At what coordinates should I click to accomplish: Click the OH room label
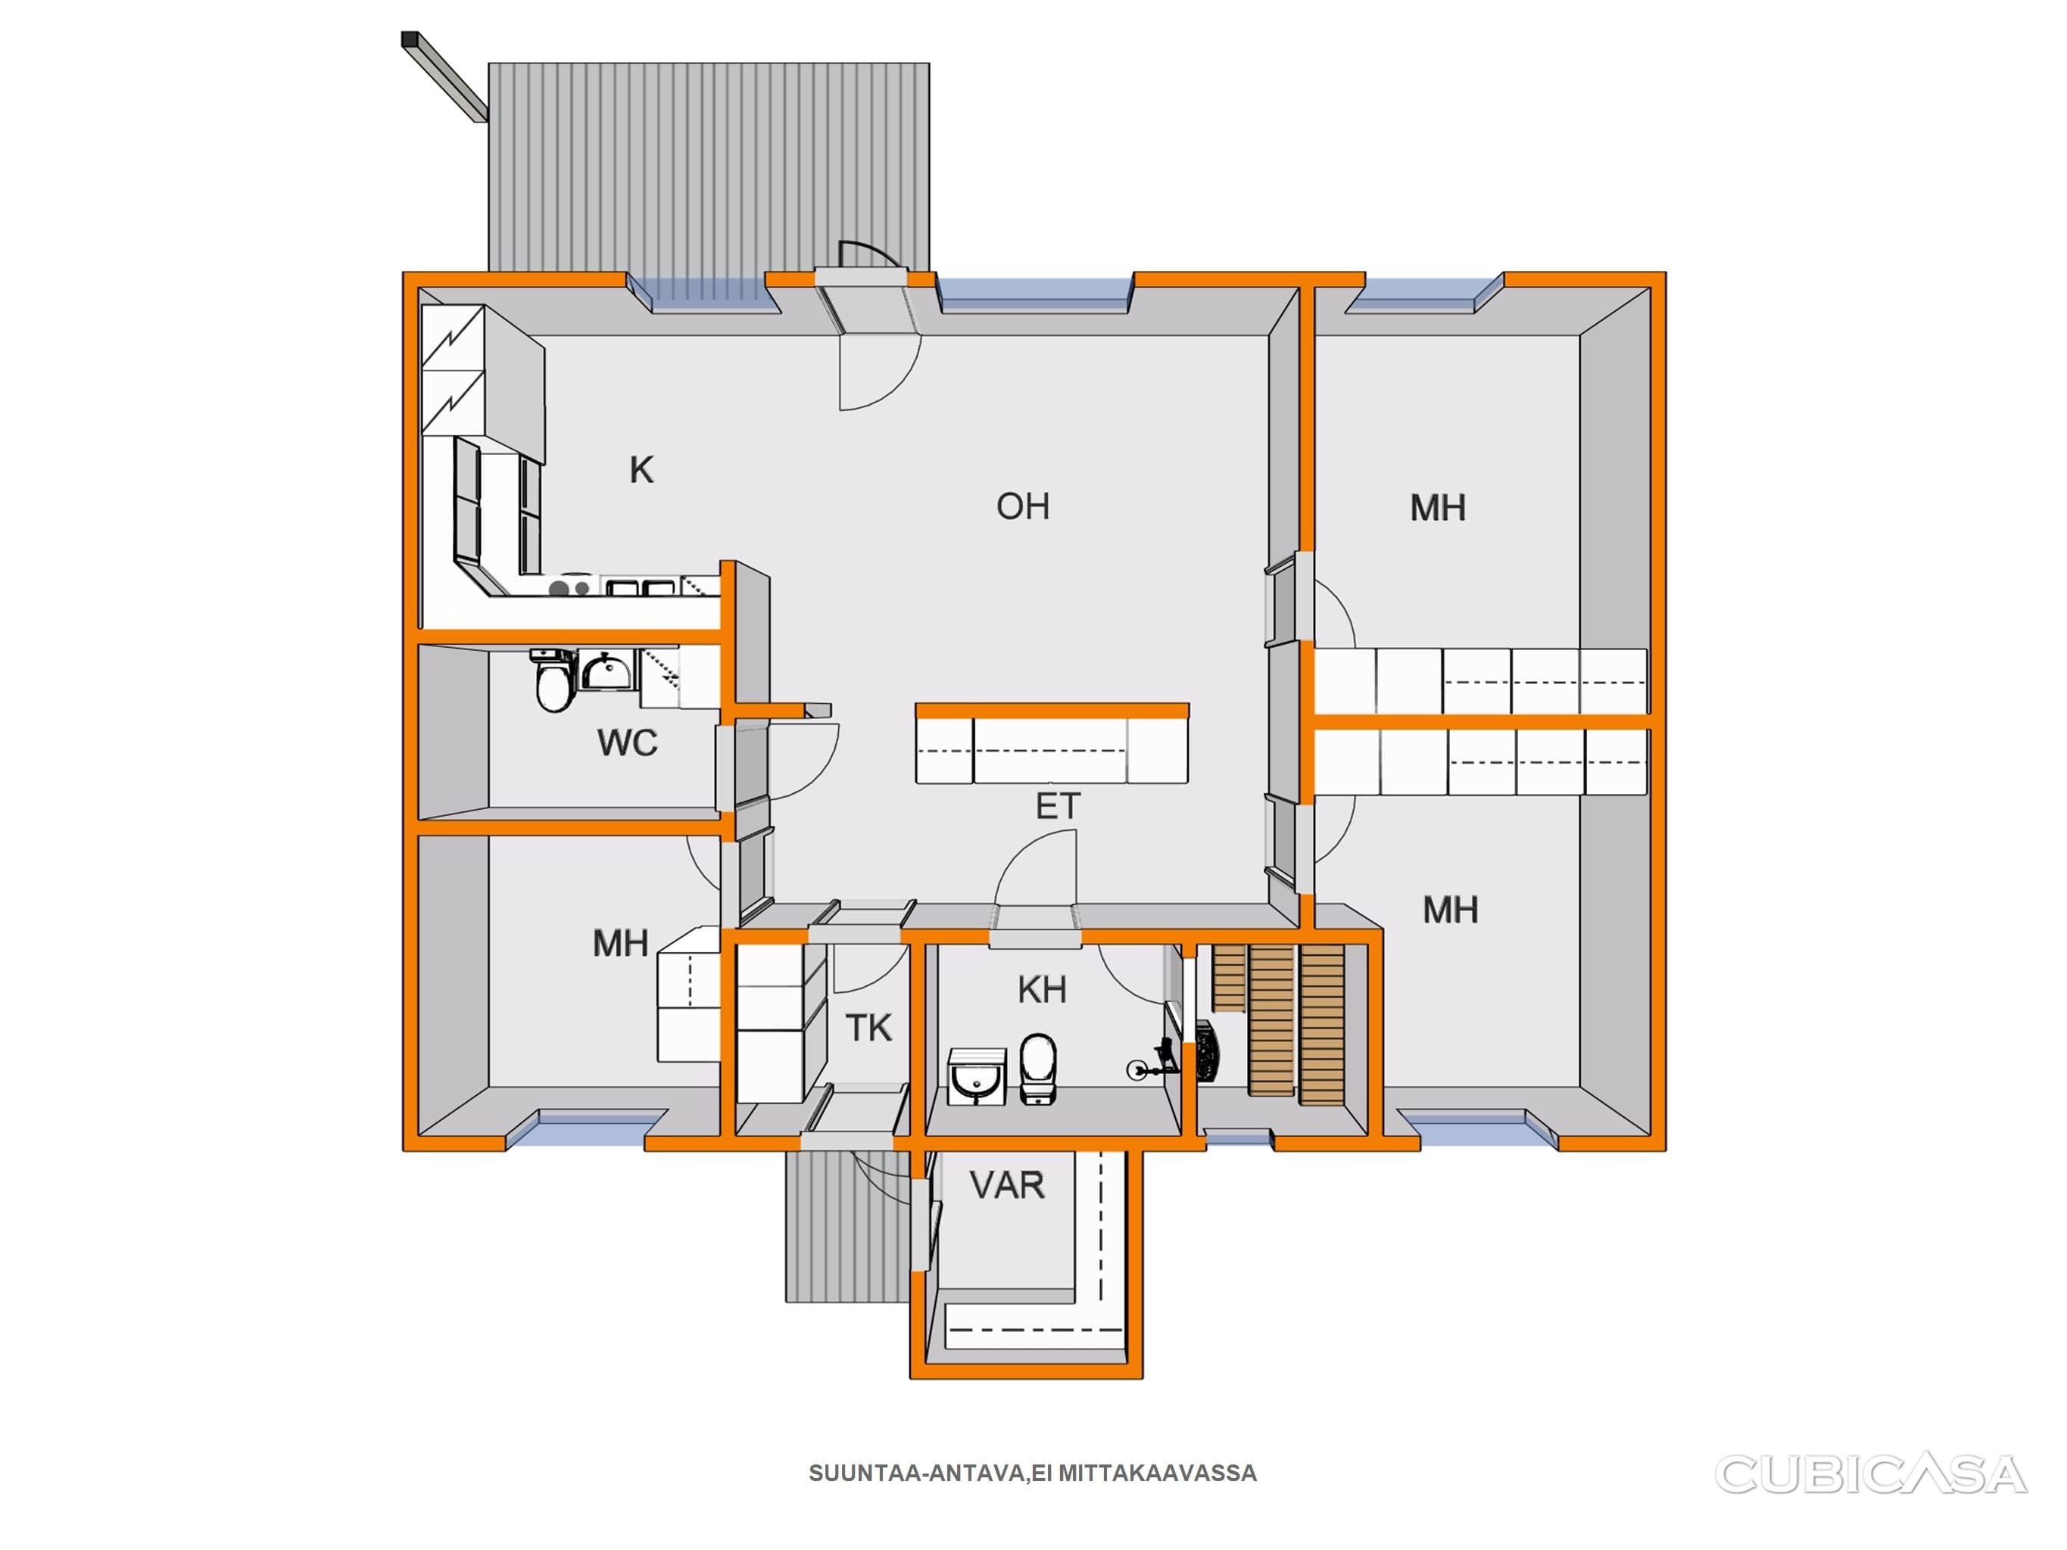(1022, 506)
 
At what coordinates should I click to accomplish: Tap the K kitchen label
(641, 470)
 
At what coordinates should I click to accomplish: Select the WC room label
(627, 742)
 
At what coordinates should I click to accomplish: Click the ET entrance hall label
(1058, 806)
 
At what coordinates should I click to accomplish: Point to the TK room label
(869, 1029)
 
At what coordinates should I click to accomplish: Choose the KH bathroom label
(1042, 989)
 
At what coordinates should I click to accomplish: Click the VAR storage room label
(1006, 1186)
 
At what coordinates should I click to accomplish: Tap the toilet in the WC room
(553, 682)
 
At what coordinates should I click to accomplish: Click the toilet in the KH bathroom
(1038, 1068)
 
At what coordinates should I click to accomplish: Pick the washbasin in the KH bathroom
(977, 1076)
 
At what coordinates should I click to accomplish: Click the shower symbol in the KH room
(1152, 1064)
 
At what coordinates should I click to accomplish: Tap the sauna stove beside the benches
(1206, 1052)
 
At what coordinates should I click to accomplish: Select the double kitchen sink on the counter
(640, 587)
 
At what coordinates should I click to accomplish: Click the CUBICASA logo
(1871, 1474)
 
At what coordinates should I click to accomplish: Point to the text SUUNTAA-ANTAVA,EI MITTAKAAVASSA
(1033, 1474)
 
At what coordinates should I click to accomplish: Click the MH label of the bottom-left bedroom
(620, 944)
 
